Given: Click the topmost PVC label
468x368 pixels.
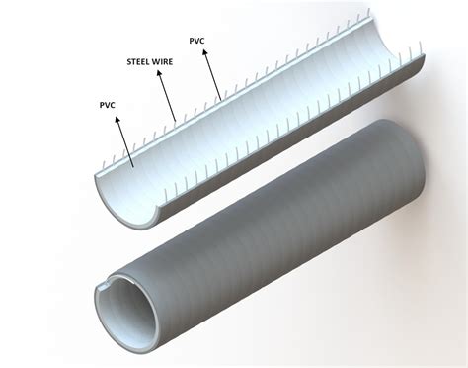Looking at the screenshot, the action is point(196,41).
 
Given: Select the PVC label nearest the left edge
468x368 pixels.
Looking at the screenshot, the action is point(108,105).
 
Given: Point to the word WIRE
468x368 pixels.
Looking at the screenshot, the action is point(163,61).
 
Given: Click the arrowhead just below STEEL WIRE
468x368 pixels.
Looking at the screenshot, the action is point(159,73).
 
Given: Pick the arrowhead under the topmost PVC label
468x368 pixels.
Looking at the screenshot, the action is point(205,52).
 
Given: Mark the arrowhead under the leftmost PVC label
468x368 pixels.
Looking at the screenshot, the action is point(117,120).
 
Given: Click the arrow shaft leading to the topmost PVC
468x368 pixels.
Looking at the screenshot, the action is point(212,75).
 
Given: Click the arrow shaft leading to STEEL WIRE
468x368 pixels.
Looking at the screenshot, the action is point(167,96).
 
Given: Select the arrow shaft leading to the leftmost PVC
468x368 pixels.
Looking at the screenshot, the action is point(125,142).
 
